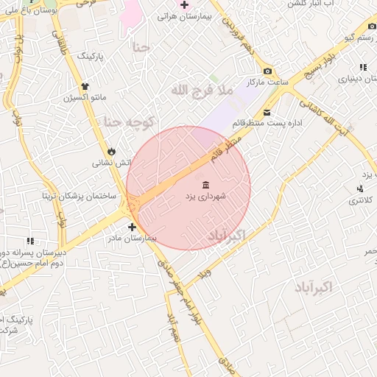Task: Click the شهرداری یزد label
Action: pyautogui.click(x=205, y=197)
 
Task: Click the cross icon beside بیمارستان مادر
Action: pyautogui.click(x=132, y=227)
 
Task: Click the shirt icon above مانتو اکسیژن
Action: pyautogui.click(x=85, y=85)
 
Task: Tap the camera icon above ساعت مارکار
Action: pyautogui.click(x=267, y=71)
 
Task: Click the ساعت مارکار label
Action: pyautogui.click(x=267, y=82)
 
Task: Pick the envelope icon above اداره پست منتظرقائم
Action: pyautogui.click(x=266, y=112)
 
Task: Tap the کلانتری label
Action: pyautogui.click(x=360, y=201)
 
